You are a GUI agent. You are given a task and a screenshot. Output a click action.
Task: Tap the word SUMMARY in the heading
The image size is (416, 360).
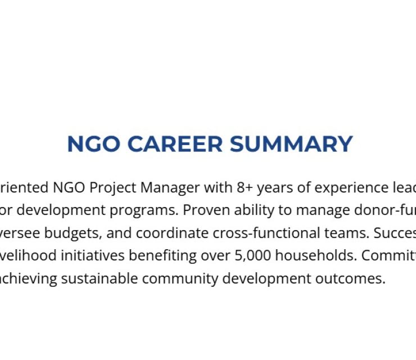[x=291, y=144]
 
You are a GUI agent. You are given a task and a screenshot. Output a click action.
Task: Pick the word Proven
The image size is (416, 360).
[x=203, y=210]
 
